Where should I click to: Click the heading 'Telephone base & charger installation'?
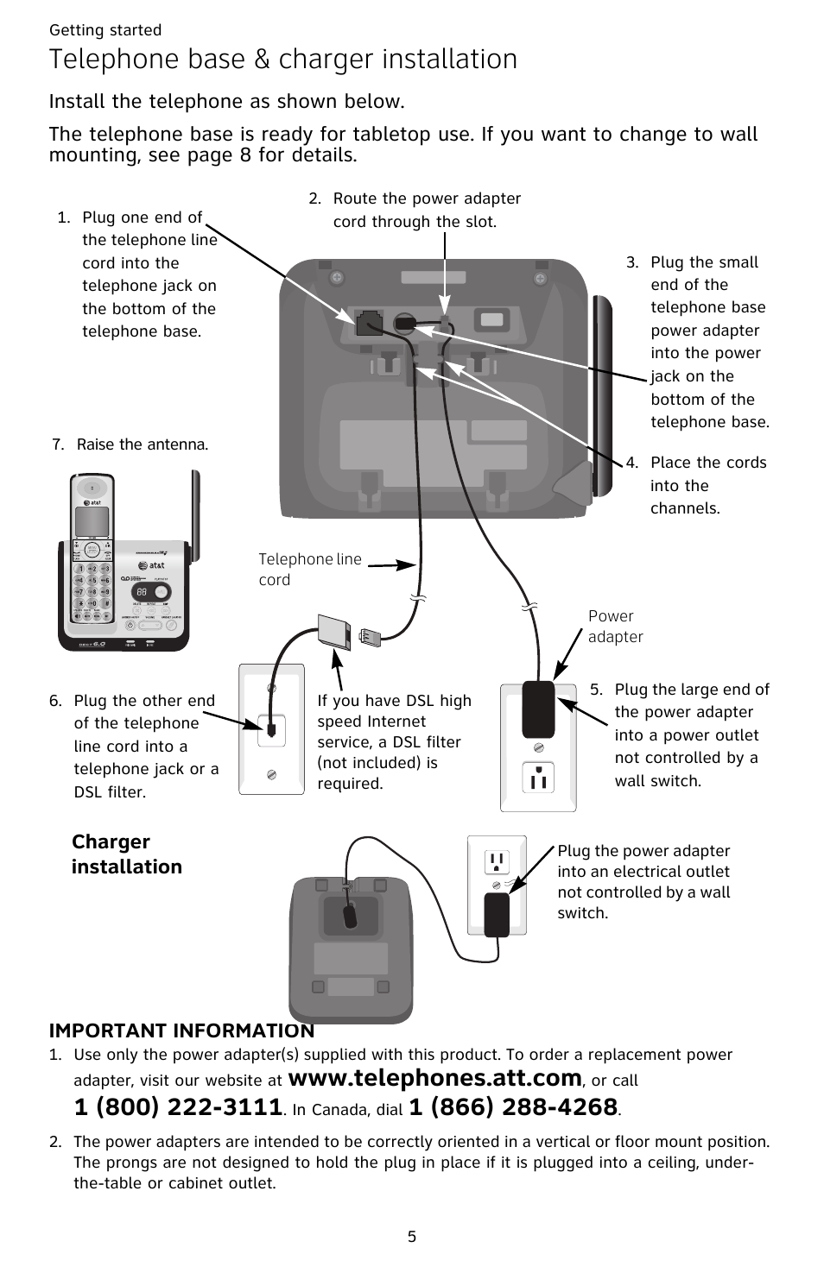point(283,60)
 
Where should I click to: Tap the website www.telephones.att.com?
point(434,1078)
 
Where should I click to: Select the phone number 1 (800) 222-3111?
point(179,1107)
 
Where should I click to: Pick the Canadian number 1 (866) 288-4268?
point(513,1107)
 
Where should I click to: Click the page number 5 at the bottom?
point(412,1237)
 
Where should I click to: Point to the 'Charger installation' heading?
point(126,854)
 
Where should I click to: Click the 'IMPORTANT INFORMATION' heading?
point(181,1030)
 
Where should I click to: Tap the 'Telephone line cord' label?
point(309,570)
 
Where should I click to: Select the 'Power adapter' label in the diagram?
point(615,627)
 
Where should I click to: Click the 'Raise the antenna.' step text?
point(143,444)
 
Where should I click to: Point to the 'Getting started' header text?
point(105,30)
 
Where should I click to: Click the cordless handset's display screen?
point(92,520)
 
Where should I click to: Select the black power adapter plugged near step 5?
point(538,709)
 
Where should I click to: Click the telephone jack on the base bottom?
point(369,321)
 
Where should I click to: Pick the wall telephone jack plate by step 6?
point(271,729)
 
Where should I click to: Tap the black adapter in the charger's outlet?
point(497,914)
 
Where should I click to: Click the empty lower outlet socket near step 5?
point(538,778)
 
